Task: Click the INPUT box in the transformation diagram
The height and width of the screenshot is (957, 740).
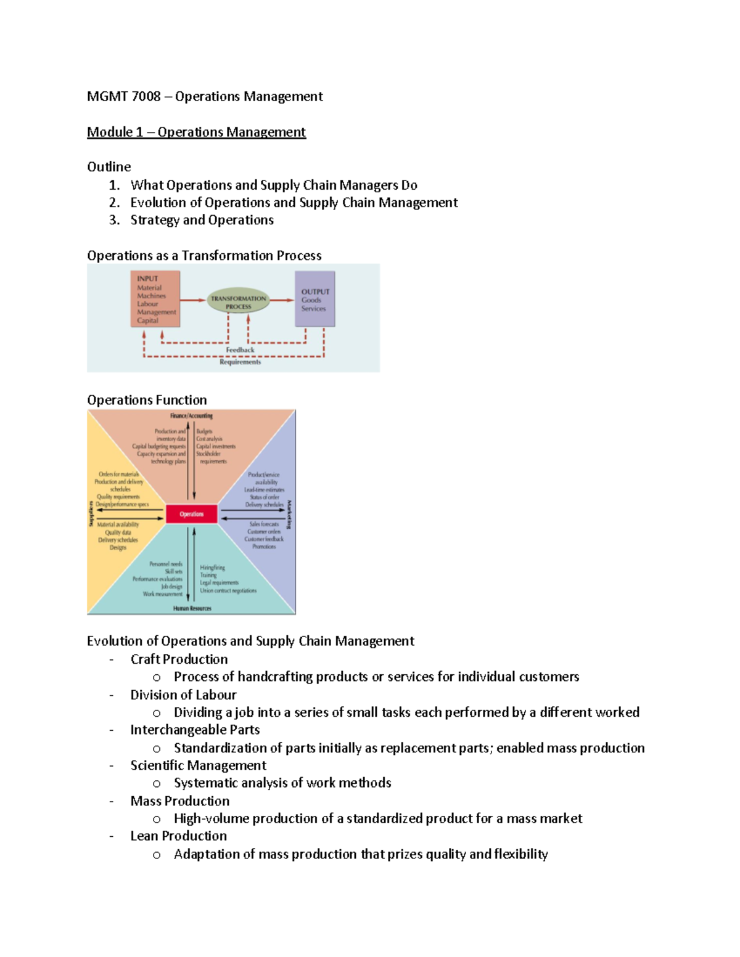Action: click(x=155, y=299)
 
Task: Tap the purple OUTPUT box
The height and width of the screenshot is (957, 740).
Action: click(x=315, y=299)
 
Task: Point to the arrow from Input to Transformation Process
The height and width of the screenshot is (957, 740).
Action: click(x=193, y=301)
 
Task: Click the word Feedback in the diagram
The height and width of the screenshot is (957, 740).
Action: click(x=240, y=350)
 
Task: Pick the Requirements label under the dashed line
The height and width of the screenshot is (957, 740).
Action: click(x=240, y=362)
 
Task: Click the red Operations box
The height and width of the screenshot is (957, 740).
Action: click(x=192, y=514)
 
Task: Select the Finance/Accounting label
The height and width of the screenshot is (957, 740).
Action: click(x=191, y=416)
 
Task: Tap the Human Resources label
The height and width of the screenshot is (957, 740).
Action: click(x=192, y=608)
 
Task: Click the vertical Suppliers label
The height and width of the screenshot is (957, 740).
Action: click(x=91, y=513)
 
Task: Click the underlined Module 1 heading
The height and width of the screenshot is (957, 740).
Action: click(x=196, y=132)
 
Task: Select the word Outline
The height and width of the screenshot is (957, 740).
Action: click(x=109, y=167)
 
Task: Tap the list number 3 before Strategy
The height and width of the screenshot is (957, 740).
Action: click(x=113, y=221)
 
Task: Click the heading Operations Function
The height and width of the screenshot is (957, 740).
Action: click(x=147, y=401)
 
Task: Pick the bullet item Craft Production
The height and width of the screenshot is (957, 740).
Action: click(x=179, y=659)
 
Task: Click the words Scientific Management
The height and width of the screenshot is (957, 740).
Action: click(x=198, y=765)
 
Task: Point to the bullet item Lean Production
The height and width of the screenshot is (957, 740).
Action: click(x=178, y=836)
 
